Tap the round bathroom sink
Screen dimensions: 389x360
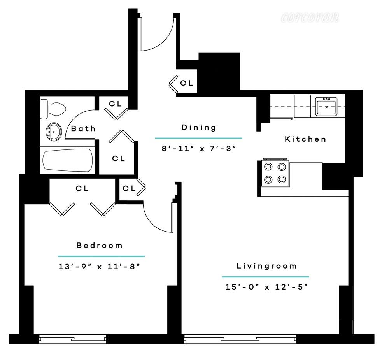[x=54, y=132]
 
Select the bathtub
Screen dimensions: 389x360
[x=68, y=160]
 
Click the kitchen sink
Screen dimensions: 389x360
[x=326, y=106]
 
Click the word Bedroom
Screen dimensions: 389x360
[x=100, y=245]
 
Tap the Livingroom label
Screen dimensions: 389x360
[x=267, y=266]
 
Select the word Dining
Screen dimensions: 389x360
[x=199, y=127]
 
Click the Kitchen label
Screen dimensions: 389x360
[x=305, y=139]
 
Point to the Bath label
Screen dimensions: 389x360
[x=83, y=128]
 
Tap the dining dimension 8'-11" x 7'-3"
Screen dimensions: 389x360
[x=198, y=148]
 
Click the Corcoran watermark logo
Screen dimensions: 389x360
[x=310, y=17]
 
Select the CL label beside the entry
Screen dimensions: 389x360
[x=187, y=83]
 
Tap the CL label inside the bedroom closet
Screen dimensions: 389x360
[x=82, y=188]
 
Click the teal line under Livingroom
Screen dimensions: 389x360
[x=266, y=277]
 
